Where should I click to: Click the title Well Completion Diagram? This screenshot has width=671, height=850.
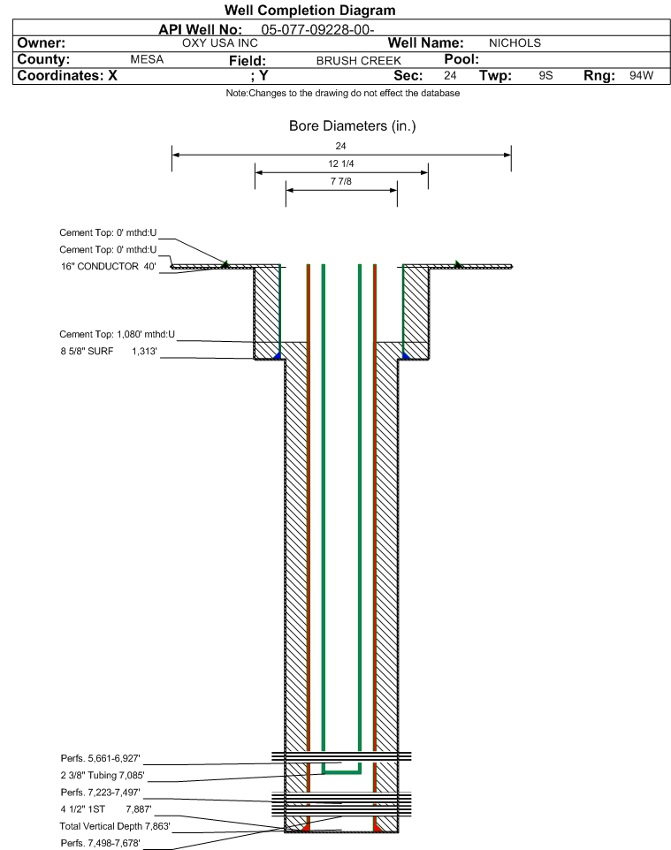(x=309, y=11)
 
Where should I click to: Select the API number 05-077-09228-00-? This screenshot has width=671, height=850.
(x=318, y=30)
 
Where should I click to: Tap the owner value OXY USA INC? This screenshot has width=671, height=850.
(x=220, y=43)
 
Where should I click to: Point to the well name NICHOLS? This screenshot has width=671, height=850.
(x=515, y=43)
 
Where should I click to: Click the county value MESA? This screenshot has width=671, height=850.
(x=147, y=59)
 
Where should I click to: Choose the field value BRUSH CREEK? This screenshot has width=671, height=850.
(x=359, y=61)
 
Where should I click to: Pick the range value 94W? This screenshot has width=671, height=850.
(x=641, y=75)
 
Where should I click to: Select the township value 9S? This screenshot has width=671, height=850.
(x=545, y=75)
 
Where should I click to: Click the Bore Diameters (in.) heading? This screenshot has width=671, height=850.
(x=352, y=126)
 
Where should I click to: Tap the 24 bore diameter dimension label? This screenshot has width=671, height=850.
(x=340, y=146)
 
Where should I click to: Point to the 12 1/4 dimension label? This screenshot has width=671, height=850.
(x=341, y=163)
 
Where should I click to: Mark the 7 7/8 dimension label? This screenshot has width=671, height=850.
(x=341, y=182)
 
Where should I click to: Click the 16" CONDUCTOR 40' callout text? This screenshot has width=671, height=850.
(x=109, y=267)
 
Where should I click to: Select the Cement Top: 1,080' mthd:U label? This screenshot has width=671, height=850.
(x=118, y=335)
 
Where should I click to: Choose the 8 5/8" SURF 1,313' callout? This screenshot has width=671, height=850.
(x=109, y=352)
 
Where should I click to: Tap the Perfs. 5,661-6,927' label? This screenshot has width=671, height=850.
(x=101, y=758)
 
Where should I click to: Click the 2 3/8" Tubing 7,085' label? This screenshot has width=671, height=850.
(x=103, y=775)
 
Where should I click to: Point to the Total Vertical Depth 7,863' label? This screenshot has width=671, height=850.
(x=115, y=826)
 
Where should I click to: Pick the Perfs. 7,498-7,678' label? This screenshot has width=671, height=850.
(x=101, y=843)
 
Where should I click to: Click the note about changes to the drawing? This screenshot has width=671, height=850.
(x=343, y=94)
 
